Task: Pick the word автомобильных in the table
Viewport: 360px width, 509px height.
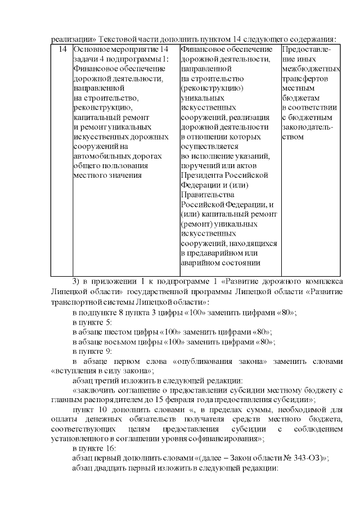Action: coord(103,156)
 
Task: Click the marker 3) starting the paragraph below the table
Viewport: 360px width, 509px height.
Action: coord(78,281)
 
